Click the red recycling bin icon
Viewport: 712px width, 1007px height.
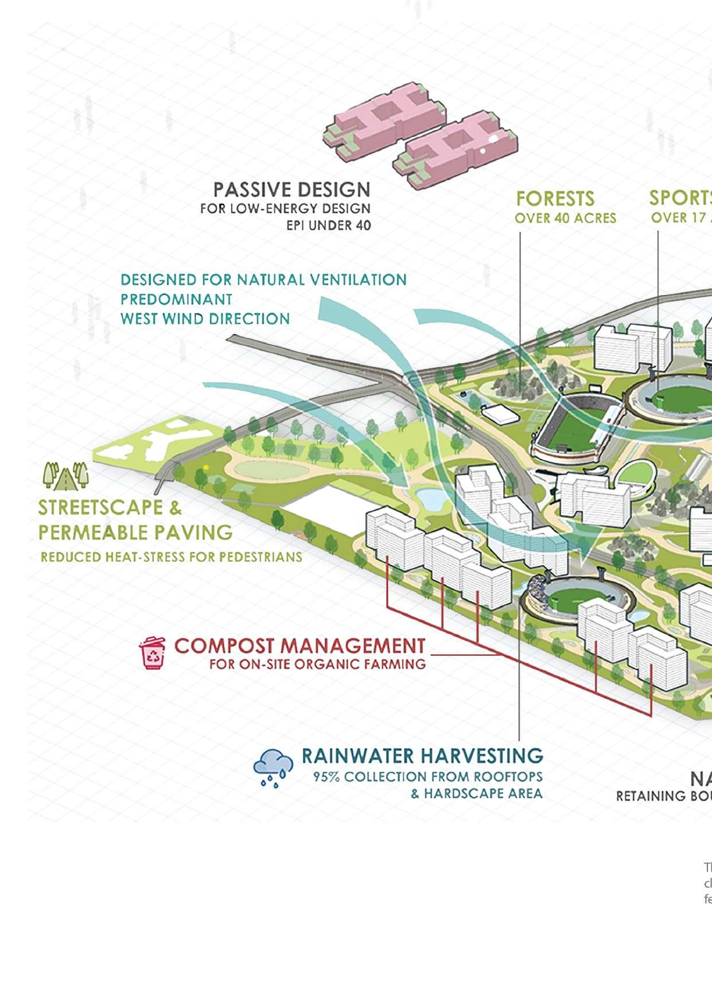pos(152,653)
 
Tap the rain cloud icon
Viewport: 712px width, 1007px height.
pos(273,768)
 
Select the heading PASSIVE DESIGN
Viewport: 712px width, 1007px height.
pos(291,189)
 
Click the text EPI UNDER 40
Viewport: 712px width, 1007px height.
pos(328,225)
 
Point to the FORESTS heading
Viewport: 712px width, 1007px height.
pos(555,199)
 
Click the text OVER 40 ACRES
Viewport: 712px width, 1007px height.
pos(565,218)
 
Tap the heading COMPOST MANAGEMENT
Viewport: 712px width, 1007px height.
pos(299,646)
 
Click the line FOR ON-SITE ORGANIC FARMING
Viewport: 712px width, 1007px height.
pos(317,664)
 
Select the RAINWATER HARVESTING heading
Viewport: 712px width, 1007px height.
pos(422,756)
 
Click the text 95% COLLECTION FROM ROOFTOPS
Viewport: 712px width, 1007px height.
pos(427,777)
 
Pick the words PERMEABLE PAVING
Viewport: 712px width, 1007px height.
pos(135,532)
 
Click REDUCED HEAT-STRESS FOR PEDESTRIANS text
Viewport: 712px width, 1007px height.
pos(171,557)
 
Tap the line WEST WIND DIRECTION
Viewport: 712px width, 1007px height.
pos(205,318)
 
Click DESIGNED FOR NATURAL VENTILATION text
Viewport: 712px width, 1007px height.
pos(263,280)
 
